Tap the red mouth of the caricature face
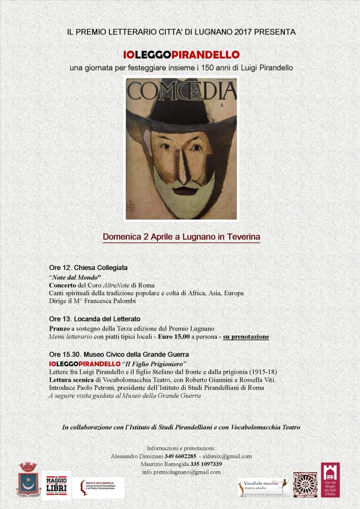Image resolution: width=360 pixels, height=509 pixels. [185, 190]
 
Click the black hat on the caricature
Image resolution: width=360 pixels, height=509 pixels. [181, 113]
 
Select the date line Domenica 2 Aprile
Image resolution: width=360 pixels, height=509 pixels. [181, 237]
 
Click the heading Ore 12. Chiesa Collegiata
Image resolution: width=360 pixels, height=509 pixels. [88, 267]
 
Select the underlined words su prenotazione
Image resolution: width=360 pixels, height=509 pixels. [246, 337]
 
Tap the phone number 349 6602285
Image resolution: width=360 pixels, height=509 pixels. [184, 456]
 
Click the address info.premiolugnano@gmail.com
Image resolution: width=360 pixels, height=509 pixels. [181, 472]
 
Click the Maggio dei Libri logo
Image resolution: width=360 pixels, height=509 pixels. [56, 484]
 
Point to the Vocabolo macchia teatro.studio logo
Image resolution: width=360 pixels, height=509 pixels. [264, 486]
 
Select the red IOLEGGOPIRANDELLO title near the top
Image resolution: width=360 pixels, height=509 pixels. [181, 54]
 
